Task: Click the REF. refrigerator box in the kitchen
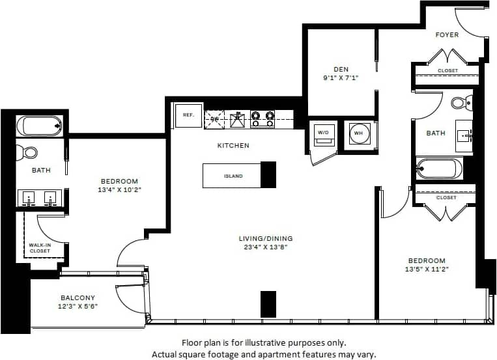pyautogui.click(x=188, y=115)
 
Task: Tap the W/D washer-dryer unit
pyautogui.click(x=323, y=133)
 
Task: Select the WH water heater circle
pyautogui.click(x=358, y=133)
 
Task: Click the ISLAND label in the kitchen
pyautogui.click(x=233, y=176)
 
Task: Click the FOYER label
pyautogui.click(x=447, y=35)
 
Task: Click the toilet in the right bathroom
pyautogui.click(x=460, y=102)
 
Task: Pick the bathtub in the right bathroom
pyautogui.click(x=440, y=169)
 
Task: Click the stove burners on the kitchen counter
pyautogui.click(x=263, y=118)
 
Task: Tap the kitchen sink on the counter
pyautogui.click(x=238, y=119)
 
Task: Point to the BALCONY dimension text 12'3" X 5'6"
pyautogui.click(x=79, y=306)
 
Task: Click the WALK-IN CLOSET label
pyautogui.click(x=39, y=248)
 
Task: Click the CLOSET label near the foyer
pyautogui.click(x=447, y=70)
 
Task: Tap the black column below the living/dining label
pyautogui.click(x=268, y=304)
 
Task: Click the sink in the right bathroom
pyautogui.click(x=464, y=136)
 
